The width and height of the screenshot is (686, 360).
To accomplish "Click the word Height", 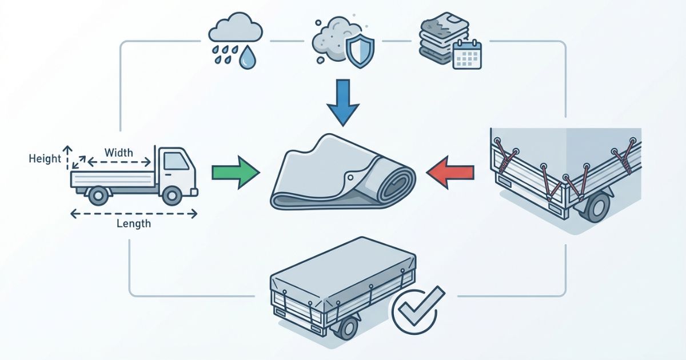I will [44, 158].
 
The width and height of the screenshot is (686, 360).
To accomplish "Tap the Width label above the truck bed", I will [119, 153].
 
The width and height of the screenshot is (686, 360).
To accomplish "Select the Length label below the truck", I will [133, 223].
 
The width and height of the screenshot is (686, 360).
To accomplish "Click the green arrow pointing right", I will [235, 172].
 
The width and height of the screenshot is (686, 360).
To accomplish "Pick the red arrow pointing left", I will [450, 171].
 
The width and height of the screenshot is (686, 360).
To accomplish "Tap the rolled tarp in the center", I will [343, 174].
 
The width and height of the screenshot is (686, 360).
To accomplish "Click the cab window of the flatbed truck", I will [176, 162].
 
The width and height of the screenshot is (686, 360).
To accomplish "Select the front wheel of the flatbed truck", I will [171, 196].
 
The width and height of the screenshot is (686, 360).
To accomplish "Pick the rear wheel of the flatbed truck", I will [97, 196].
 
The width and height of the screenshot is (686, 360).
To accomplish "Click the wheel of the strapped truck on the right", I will [596, 207].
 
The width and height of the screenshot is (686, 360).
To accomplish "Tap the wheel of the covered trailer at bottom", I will [347, 329].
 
